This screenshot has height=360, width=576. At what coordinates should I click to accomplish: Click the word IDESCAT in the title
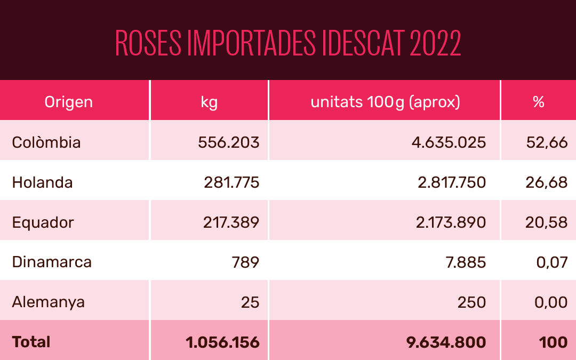click(363, 44)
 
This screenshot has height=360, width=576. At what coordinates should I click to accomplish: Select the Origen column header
click(68, 102)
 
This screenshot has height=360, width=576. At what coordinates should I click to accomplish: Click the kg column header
click(209, 102)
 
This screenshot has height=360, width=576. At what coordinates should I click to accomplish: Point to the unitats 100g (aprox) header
click(385, 102)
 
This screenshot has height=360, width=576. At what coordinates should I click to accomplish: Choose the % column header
click(538, 102)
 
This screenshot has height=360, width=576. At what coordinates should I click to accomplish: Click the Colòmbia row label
click(46, 142)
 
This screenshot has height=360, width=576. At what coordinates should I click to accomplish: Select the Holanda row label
click(43, 182)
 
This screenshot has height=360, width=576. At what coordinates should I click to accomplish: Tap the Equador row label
click(43, 222)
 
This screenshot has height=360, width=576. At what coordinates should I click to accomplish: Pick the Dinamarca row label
click(52, 262)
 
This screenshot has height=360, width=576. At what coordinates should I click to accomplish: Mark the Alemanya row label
click(49, 302)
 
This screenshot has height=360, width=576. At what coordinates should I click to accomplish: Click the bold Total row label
click(31, 342)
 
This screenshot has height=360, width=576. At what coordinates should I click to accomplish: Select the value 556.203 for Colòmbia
click(228, 142)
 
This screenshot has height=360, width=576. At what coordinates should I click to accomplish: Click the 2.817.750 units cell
click(451, 182)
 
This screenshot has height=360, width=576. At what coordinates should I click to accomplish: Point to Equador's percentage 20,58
click(546, 222)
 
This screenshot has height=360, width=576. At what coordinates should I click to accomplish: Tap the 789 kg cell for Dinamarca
click(246, 262)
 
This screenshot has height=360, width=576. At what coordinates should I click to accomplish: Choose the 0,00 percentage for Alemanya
click(550, 302)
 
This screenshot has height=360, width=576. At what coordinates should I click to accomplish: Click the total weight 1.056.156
click(223, 342)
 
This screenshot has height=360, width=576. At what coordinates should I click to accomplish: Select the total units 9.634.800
click(446, 342)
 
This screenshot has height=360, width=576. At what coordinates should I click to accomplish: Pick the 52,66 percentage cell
click(546, 142)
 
